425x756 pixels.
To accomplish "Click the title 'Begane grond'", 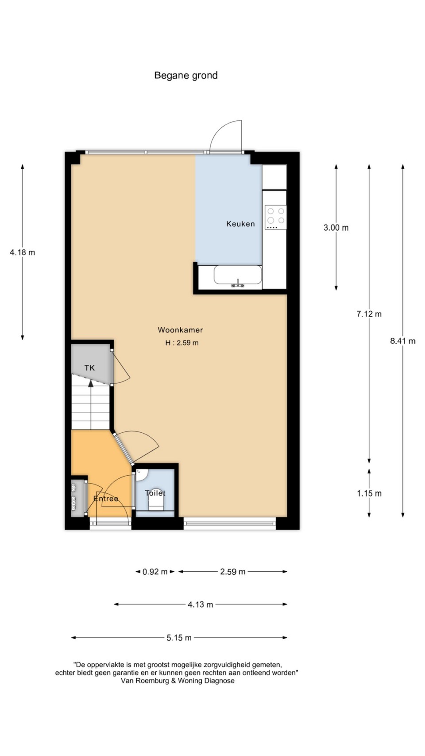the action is tap(186, 76).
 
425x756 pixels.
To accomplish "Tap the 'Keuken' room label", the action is tap(240, 224).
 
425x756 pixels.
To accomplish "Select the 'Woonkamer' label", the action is tap(181, 330).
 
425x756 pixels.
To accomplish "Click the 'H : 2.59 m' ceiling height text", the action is tap(182, 343).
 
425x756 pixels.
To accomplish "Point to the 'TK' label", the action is tap(89, 368).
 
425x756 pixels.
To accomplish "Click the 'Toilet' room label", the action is tap(155, 493).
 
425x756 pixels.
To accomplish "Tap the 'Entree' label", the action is tap(106, 499).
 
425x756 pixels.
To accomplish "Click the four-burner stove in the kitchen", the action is tap(275, 217).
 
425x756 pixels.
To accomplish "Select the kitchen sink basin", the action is tap(238, 275).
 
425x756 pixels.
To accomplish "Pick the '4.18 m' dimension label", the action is tap(22, 252).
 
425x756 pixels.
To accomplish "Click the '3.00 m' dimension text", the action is tap(336, 228).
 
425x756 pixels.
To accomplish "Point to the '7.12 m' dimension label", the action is tap(369, 314).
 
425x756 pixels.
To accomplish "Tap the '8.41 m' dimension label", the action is tap(403, 341).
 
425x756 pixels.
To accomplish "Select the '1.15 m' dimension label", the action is tap(369, 493).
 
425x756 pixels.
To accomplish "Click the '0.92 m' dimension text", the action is tap(155, 572).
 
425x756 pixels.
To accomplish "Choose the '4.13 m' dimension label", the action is tap(201, 605).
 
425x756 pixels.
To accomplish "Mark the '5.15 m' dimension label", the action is tap(179, 638).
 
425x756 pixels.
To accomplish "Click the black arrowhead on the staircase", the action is tap(90, 383).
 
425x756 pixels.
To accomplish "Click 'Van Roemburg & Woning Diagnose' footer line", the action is tap(178, 681).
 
